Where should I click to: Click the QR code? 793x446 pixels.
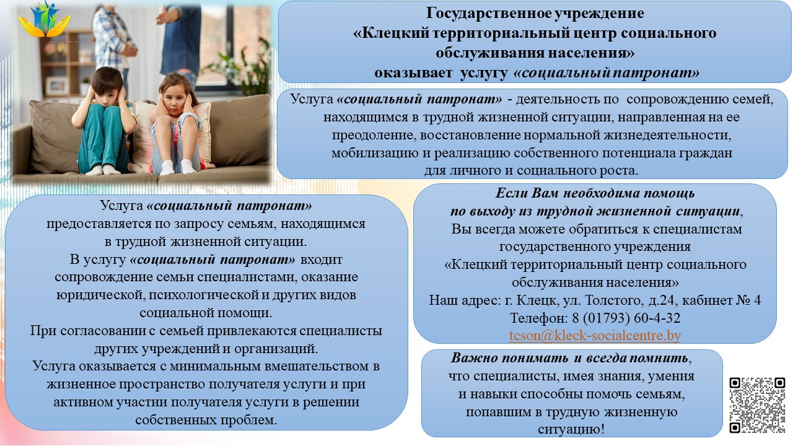tap(757, 405)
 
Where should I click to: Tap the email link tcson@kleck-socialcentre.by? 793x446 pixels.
tap(595, 336)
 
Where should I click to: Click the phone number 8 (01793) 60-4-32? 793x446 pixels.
tap(626, 318)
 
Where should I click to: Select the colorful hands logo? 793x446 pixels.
tap(44, 19)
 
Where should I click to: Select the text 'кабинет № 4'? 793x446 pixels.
tap(721, 300)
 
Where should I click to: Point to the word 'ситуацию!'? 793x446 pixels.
tap(571, 429)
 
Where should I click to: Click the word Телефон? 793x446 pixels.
tap(539, 318)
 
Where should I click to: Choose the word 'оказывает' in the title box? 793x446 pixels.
tap(413, 73)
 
